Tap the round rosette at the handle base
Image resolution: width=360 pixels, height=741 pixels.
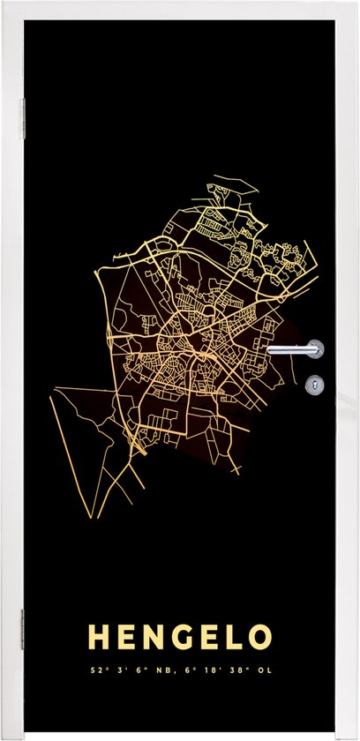tap(315, 350)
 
